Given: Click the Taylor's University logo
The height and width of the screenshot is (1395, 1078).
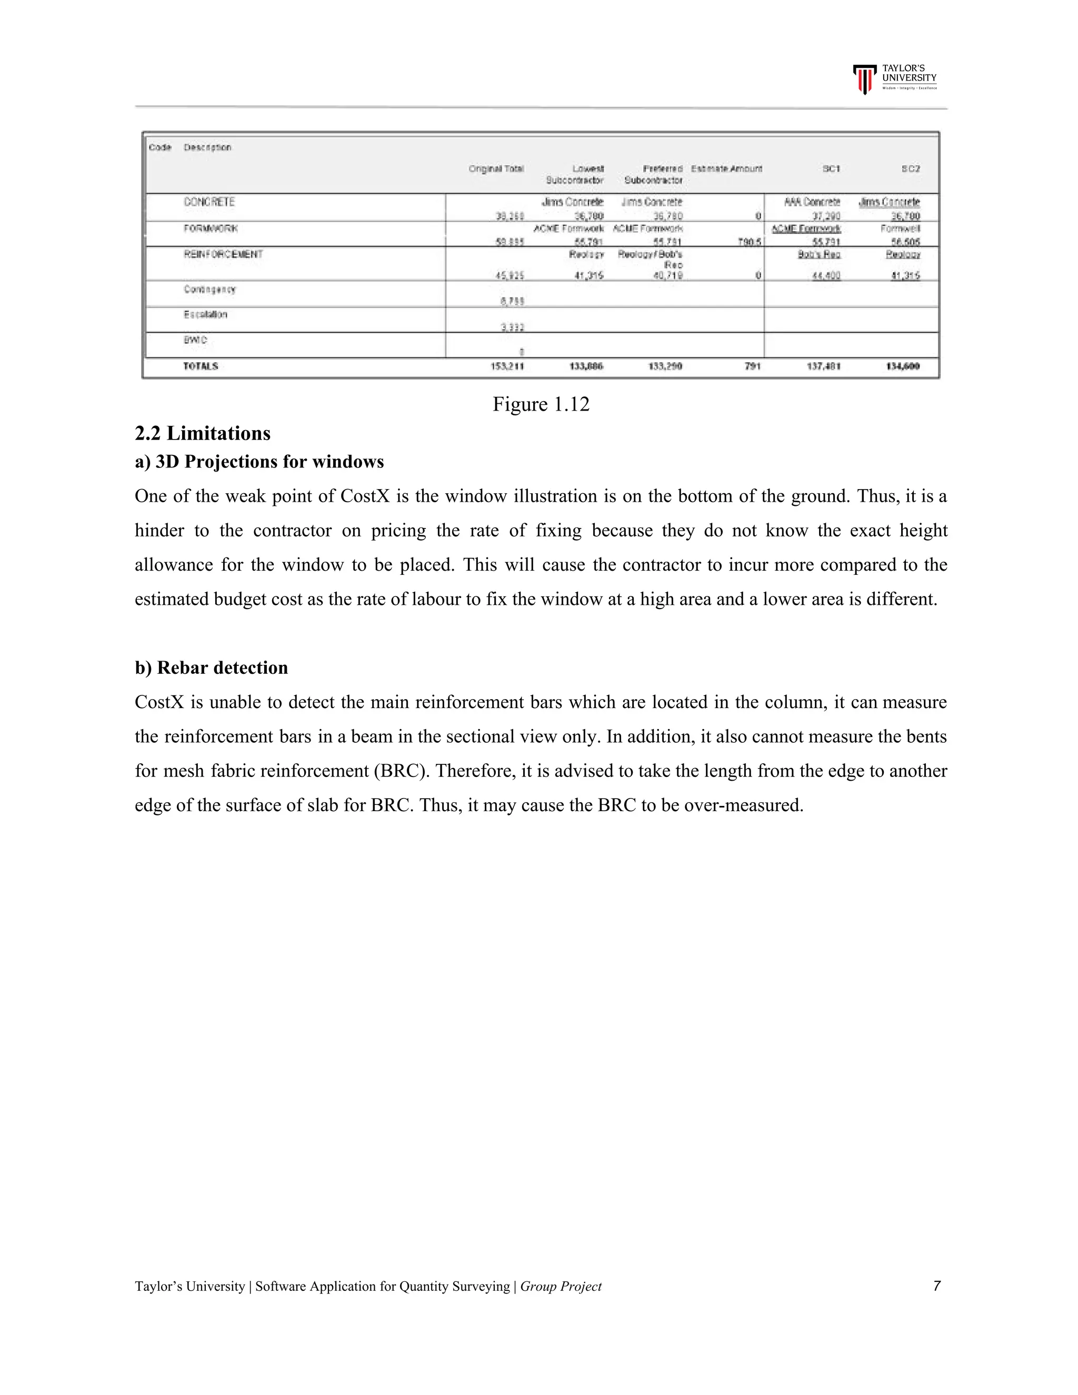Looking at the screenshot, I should (x=894, y=79).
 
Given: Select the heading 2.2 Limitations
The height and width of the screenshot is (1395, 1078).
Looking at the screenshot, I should (x=203, y=434).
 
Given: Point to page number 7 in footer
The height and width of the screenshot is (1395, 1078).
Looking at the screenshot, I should (x=936, y=1286).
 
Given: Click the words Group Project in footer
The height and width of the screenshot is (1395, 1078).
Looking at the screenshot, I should (x=561, y=1287).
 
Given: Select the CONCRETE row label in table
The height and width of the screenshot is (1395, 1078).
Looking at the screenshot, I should (x=209, y=202).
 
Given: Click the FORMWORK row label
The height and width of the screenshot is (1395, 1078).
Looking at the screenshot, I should (x=210, y=228).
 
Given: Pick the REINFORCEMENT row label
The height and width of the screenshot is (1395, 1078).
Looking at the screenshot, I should (x=223, y=254).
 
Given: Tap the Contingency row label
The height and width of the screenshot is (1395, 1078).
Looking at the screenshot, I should (x=209, y=290).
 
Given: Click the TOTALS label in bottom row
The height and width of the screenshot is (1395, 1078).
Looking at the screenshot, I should (x=201, y=366).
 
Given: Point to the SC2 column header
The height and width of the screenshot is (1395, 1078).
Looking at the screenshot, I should (x=910, y=168).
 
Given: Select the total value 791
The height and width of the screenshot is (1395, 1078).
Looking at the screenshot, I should (x=752, y=366).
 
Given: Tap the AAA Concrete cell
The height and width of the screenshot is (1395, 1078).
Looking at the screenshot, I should (x=812, y=202).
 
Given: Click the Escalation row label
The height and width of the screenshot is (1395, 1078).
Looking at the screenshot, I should (x=205, y=314).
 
